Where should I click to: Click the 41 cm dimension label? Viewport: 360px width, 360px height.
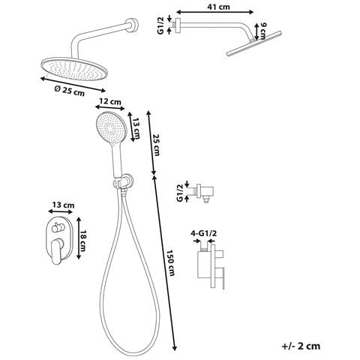click(218, 7)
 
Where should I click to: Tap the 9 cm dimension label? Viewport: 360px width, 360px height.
click(263, 31)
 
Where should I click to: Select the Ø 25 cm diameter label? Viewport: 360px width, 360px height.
click(70, 91)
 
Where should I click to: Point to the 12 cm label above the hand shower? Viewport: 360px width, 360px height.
click(110, 101)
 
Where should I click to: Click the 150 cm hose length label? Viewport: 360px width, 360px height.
click(170, 262)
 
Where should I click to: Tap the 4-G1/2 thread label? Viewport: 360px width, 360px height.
click(204, 233)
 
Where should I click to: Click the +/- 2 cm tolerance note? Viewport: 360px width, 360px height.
click(301, 346)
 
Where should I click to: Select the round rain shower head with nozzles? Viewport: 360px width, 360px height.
click(74, 69)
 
